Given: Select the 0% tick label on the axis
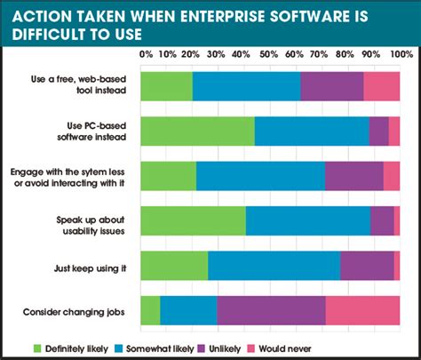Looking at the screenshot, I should pos(142,55).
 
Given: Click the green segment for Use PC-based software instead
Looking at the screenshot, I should pos(197,131).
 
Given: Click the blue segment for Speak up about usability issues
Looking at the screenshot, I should pos(307,220).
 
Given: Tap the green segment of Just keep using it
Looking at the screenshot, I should pos(174,265).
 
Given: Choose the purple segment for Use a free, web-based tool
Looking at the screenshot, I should pos(331,86).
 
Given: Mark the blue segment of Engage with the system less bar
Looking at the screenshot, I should pos(260,176).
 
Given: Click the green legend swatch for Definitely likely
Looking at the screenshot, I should pos(37,347).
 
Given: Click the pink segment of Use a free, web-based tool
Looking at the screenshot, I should pos(382,86).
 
